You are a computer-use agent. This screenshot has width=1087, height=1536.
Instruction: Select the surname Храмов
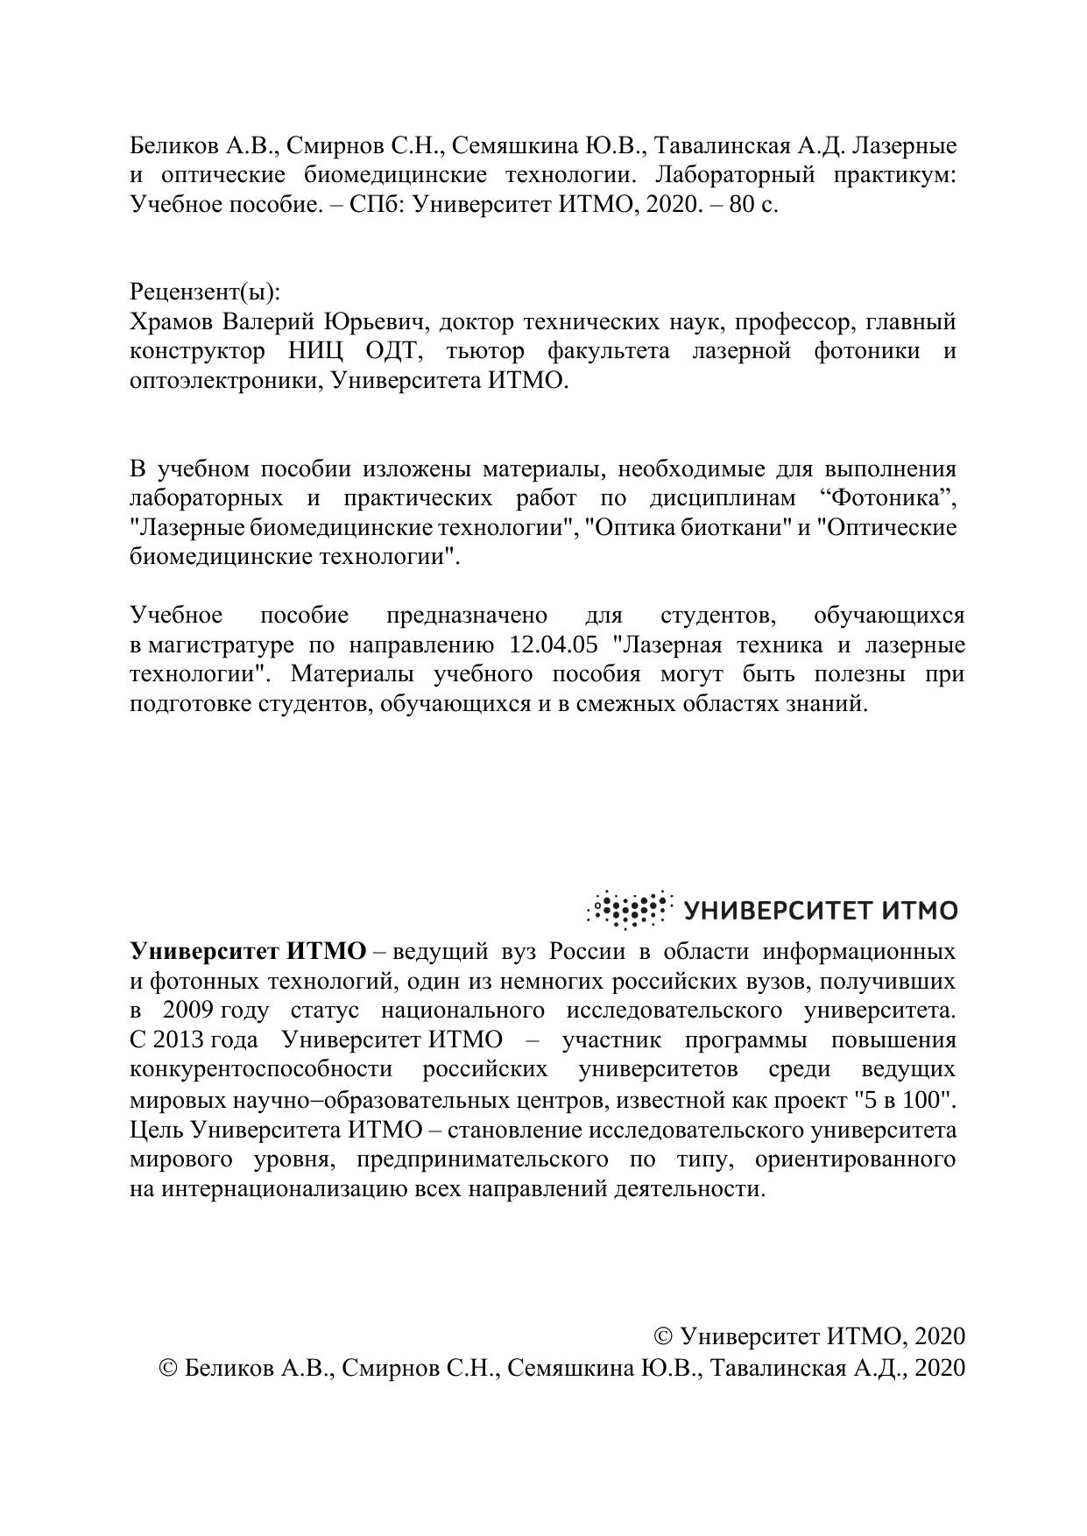172,322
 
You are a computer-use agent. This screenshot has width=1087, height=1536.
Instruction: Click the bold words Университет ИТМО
248,952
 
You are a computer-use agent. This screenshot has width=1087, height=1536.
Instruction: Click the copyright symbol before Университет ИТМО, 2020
664,1336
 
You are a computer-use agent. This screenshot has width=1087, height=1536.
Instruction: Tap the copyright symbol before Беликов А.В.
169,1368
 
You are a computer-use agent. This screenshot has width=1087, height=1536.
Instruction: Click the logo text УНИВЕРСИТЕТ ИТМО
821,911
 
